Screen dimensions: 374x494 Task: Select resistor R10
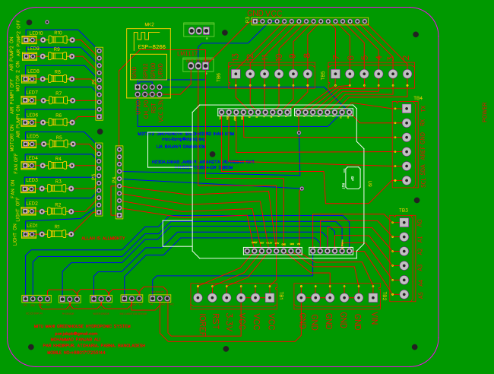58,40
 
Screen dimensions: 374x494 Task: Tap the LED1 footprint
29,233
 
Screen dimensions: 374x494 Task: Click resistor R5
58,144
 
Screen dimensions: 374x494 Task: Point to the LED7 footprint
29,100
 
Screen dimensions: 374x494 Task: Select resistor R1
57,233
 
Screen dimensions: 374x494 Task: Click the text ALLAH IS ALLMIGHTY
103,238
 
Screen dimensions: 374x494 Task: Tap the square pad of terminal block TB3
404,223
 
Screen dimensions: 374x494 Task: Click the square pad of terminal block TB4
407,109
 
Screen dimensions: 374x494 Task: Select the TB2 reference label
384,296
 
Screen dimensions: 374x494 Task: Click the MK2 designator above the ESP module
149,24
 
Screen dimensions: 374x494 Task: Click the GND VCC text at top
264,12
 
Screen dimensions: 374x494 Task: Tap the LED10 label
35,33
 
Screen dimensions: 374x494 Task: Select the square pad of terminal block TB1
270,298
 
